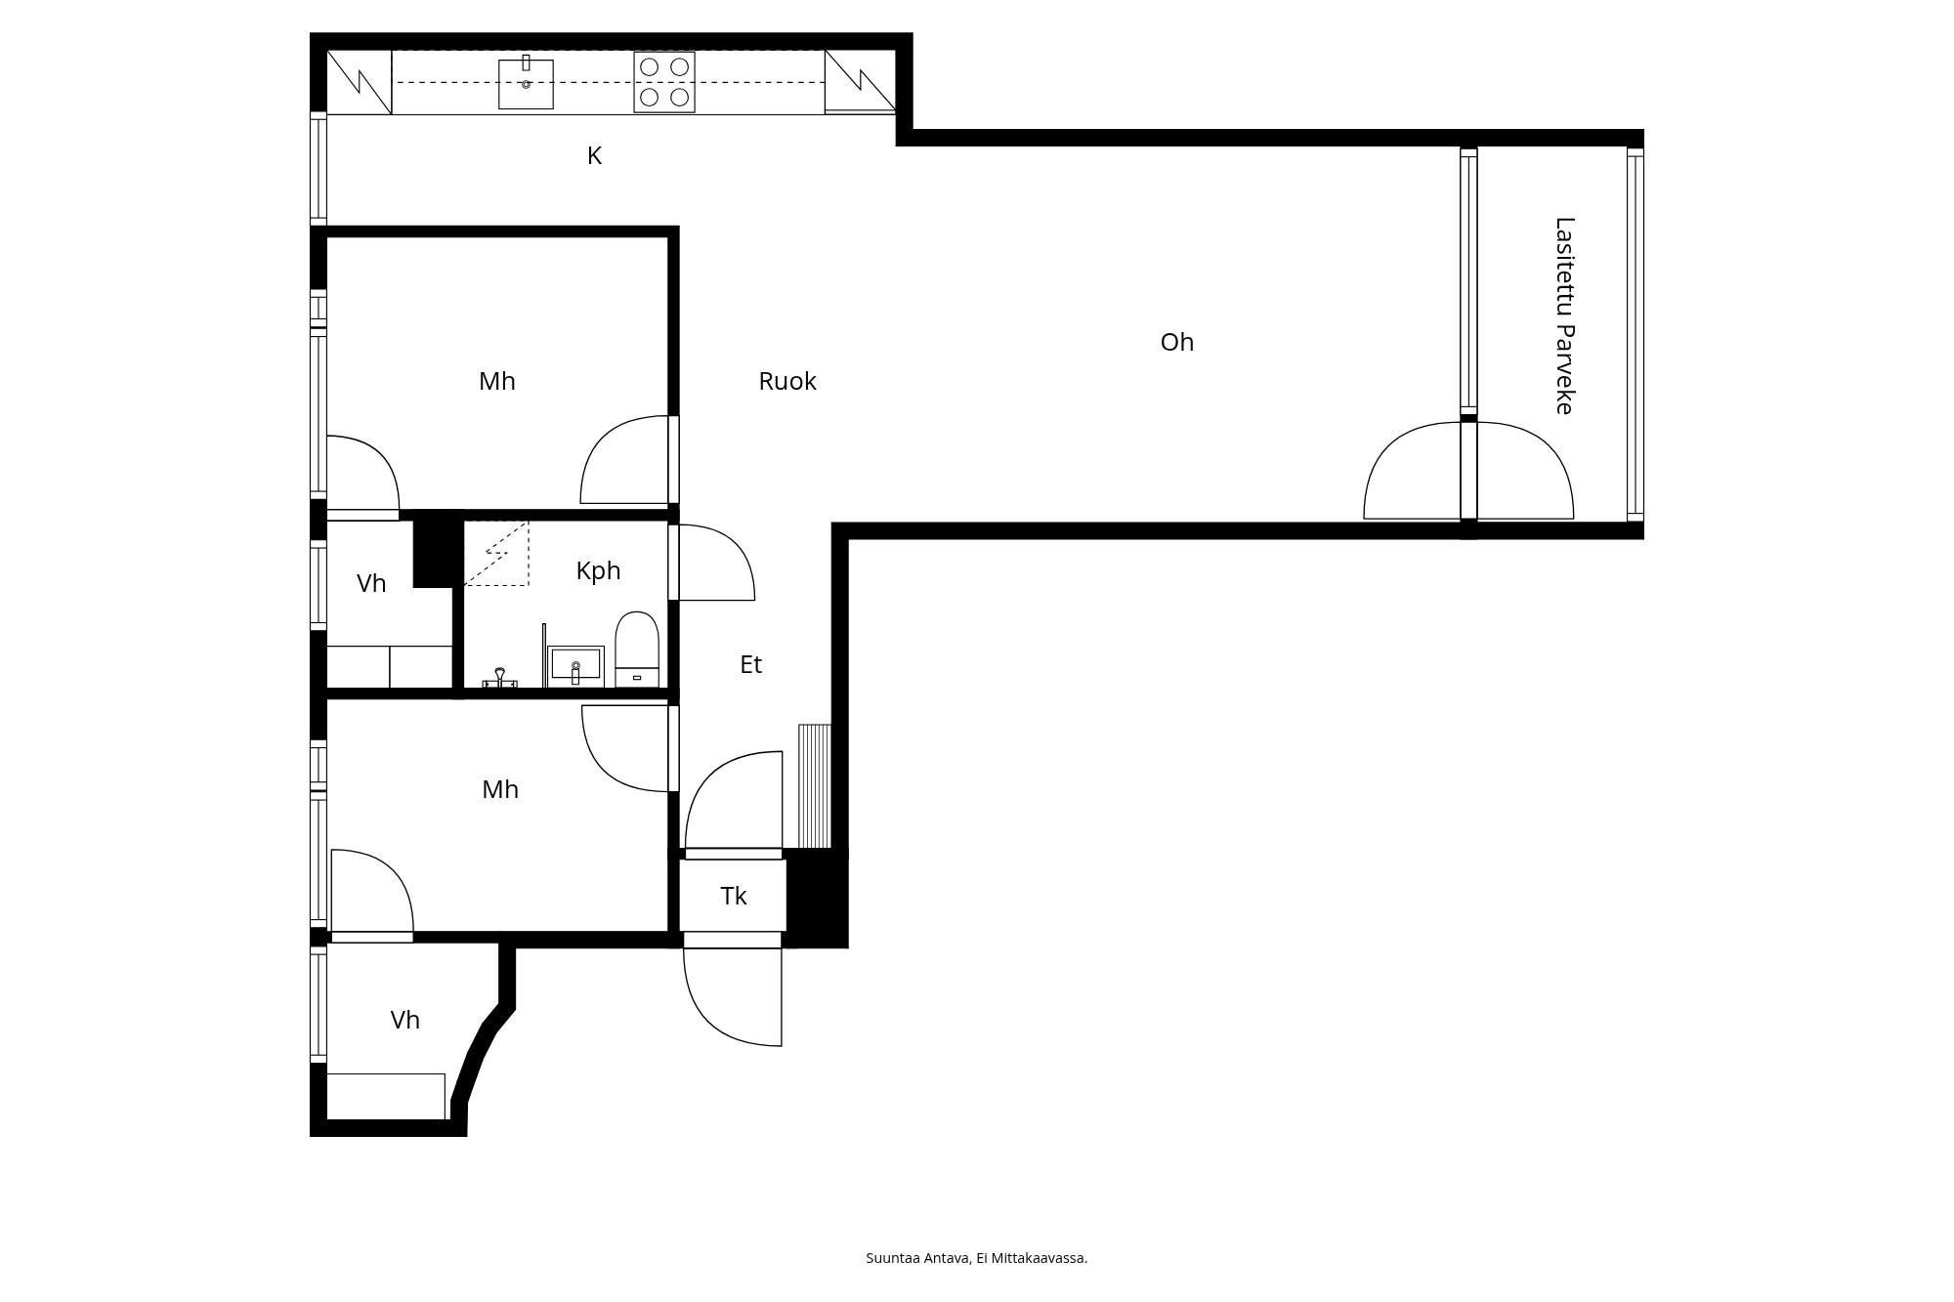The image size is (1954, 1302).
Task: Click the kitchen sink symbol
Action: point(526,84)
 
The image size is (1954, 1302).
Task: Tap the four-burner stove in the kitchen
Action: point(664,82)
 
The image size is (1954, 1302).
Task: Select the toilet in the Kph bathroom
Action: point(637,650)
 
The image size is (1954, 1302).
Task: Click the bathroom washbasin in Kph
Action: point(575,666)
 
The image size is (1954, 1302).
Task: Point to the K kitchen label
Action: point(594,155)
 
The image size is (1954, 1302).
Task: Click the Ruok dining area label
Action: point(787,381)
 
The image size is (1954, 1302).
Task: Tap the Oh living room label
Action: point(1177,342)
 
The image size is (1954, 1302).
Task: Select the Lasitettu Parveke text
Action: point(1564,315)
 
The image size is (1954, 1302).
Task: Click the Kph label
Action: point(598,570)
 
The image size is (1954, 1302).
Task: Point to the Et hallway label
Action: point(750,664)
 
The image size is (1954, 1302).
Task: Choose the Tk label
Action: point(734,896)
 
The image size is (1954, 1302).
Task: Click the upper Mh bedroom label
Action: point(497,381)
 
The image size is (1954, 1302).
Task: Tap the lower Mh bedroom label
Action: point(500,789)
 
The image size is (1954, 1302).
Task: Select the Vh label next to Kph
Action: point(371,583)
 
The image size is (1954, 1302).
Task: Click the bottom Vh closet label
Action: point(405,1020)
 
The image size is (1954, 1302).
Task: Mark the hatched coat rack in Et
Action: point(815,786)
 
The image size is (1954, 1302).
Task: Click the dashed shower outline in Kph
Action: point(496,554)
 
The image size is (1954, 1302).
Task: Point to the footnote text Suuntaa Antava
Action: point(918,1258)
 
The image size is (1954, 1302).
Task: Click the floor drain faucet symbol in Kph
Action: point(500,679)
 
